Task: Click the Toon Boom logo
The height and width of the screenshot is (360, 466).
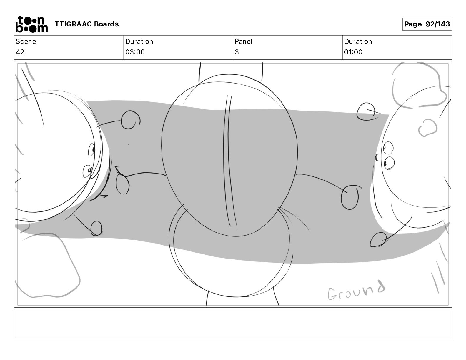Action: click(32, 24)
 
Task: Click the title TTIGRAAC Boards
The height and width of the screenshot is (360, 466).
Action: click(86, 24)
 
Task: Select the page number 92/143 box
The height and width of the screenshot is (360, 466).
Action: click(427, 24)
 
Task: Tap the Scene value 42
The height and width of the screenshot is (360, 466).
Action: click(20, 52)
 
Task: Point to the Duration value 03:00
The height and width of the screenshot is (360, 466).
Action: click(135, 52)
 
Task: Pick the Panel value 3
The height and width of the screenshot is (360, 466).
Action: click(237, 52)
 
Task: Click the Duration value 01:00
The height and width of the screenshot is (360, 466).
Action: click(353, 52)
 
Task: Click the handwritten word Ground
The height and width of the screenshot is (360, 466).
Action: click(356, 290)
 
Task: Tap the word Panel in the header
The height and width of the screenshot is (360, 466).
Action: click(243, 41)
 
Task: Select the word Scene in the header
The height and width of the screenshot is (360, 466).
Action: click(26, 41)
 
